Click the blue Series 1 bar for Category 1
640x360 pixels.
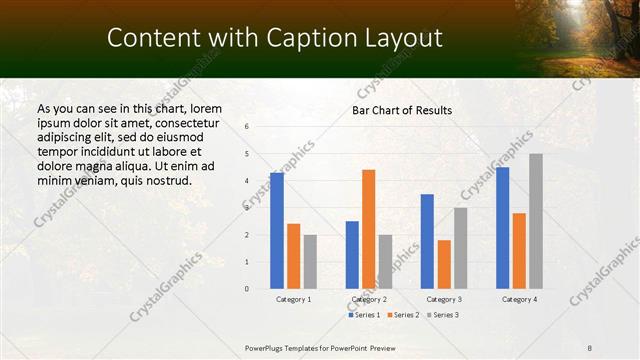click(x=277, y=231)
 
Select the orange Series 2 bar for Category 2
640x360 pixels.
click(x=368, y=229)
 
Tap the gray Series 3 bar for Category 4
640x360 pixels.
click(x=536, y=221)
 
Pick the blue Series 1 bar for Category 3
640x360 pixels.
click(x=427, y=241)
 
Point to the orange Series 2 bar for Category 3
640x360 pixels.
click(x=444, y=264)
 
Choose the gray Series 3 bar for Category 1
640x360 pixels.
click(x=310, y=262)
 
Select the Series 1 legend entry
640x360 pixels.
click(x=365, y=315)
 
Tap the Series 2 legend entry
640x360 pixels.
click(x=402, y=315)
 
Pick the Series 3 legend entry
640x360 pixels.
click(x=441, y=315)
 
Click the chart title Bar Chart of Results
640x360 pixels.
click(x=402, y=110)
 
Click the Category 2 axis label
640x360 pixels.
click(x=369, y=300)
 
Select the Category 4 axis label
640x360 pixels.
click(x=518, y=300)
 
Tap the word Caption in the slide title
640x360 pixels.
click(x=307, y=38)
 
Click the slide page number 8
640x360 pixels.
click(x=590, y=347)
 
